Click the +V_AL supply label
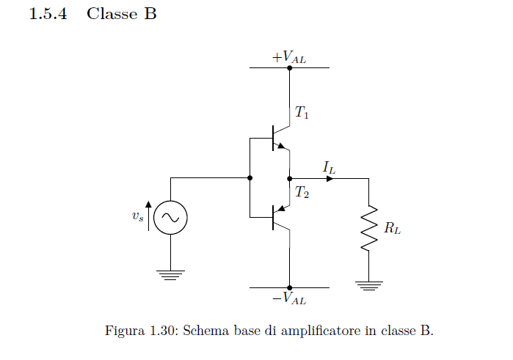[x=289, y=56]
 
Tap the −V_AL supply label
[x=289, y=298]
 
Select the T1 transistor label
[x=302, y=113]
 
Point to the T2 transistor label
[x=302, y=194]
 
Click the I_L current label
[x=329, y=167]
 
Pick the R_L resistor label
[x=393, y=228]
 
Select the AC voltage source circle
[x=171, y=218]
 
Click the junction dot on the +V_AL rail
[x=290, y=67]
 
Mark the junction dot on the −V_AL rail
[x=290, y=287]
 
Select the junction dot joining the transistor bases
[x=250, y=177]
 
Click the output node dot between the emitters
[x=290, y=177]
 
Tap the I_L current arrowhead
[x=330, y=177]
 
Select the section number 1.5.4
[x=48, y=14]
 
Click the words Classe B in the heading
[x=121, y=14]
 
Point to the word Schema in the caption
[x=203, y=331]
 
